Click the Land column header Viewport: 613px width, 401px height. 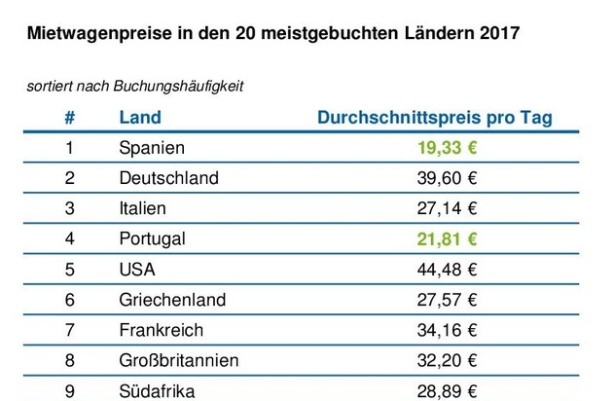coord(140,118)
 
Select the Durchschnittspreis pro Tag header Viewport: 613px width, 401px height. coord(435,118)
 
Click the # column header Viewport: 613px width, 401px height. coord(69,118)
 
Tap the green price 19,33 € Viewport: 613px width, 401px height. coord(444,148)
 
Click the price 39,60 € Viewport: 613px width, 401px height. coord(444,178)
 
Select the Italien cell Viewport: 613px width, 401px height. coord(142,208)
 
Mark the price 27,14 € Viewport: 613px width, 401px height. coord(444,208)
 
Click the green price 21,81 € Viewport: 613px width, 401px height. coord(444,238)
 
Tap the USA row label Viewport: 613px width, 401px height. coord(136,269)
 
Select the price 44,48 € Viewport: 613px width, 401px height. coord(444,269)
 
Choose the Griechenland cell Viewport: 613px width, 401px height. coord(171,300)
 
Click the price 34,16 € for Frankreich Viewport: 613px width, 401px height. coord(444,330)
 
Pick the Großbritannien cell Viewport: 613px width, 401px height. coord(178,360)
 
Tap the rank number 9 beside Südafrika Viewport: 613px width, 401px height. coord(69,390)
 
